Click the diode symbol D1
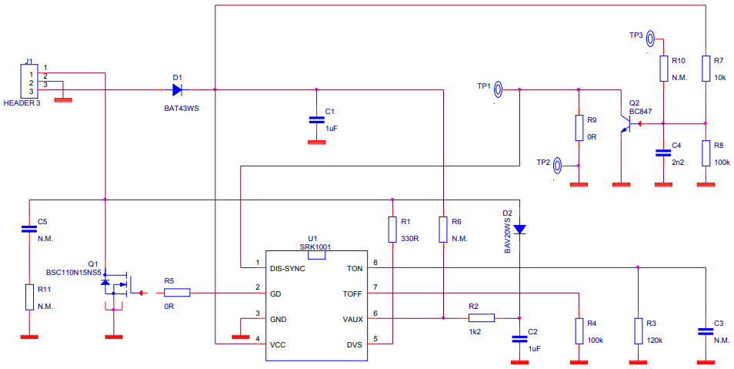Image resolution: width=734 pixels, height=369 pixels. point(178,89)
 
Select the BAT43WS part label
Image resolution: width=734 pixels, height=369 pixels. point(182,109)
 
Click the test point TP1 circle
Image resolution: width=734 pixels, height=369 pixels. point(499,89)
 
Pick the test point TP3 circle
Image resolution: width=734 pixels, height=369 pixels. point(651,36)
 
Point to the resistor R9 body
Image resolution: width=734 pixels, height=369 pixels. point(579,128)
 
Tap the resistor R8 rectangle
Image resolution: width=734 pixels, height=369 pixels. point(706,153)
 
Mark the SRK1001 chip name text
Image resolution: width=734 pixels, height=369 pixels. point(315,247)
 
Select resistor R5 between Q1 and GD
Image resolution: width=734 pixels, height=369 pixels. point(177,293)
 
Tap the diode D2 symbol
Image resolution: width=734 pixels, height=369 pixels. point(519,229)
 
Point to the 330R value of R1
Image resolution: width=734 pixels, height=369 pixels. point(409,239)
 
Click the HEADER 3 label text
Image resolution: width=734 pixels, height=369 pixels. point(22,102)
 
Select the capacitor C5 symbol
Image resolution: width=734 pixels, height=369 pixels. point(28,228)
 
